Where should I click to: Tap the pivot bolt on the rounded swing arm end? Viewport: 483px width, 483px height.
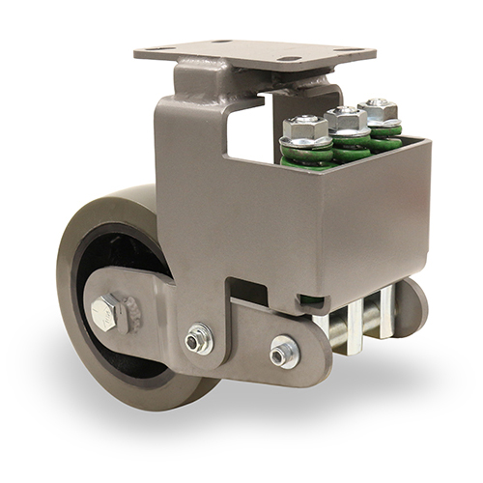coord(284,352)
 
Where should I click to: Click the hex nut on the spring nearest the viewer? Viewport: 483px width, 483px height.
coord(306,127)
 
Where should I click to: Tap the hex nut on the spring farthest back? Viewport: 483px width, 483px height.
coord(378,109)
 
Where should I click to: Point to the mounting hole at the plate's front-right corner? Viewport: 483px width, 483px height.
coord(290,60)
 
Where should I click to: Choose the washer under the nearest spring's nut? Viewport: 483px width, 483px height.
coord(306,142)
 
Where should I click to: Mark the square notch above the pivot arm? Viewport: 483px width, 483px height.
coord(249,290)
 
